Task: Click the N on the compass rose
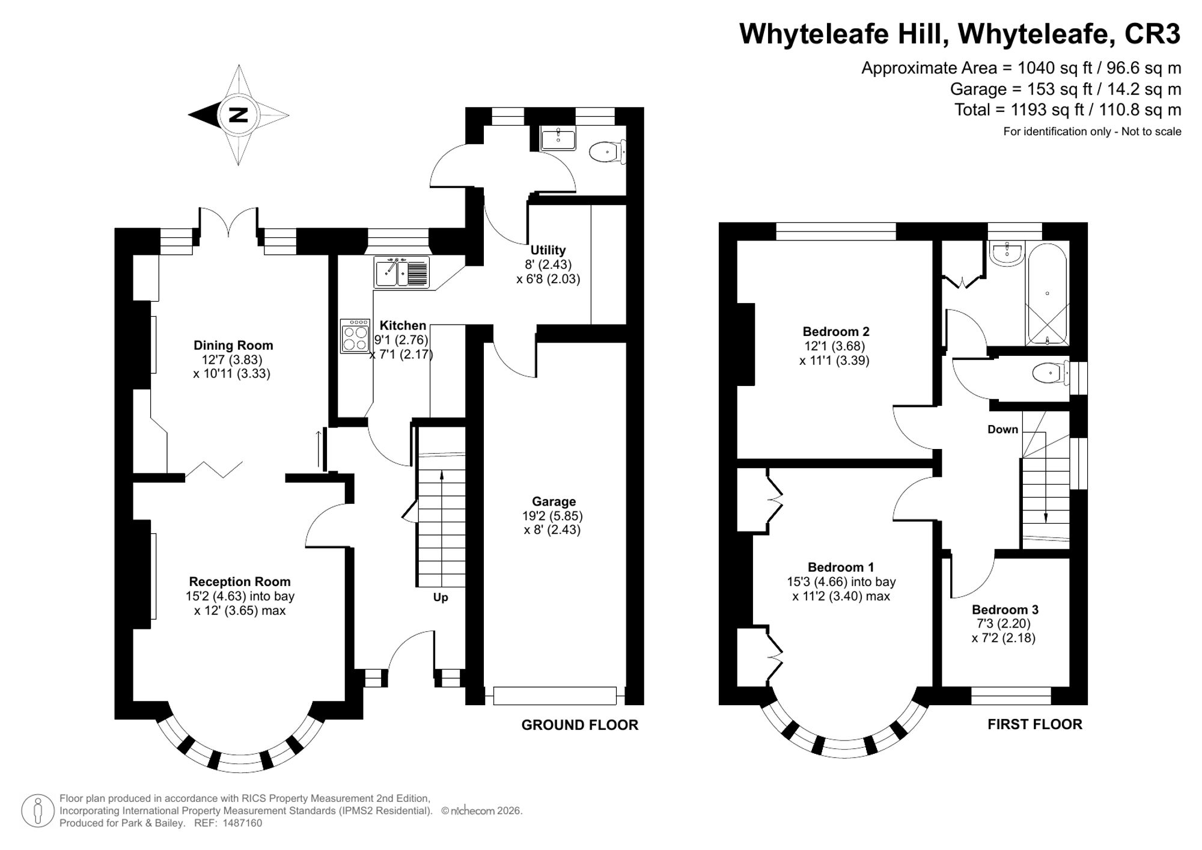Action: (239, 115)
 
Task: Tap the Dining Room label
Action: (233, 345)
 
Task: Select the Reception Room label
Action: (240, 581)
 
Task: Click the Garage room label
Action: (554, 501)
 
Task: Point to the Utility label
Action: (548, 250)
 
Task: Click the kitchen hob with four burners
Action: (355, 335)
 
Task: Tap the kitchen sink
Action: (401, 272)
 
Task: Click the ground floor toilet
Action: (608, 151)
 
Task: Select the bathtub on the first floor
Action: (1047, 295)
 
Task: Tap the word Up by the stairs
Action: (441, 598)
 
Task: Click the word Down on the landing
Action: (1002, 429)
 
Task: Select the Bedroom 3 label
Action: (1005, 610)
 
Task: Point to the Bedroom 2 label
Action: (836, 331)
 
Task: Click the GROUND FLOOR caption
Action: (579, 725)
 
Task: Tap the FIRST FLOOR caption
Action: (1035, 724)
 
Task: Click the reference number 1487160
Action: (242, 823)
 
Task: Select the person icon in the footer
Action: (38, 811)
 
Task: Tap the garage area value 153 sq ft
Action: (1036, 89)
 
